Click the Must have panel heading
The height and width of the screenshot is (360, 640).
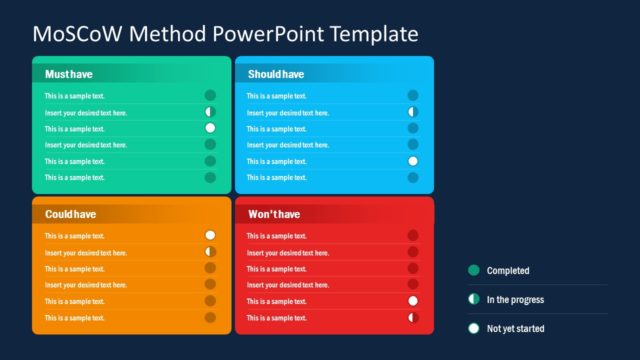click(68, 74)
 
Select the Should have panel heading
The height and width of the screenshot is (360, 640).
click(276, 74)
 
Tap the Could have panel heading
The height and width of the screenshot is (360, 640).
click(70, 214)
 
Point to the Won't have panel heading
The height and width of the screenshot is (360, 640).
click(274, 214)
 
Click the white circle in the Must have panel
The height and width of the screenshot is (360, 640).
click(210, 128)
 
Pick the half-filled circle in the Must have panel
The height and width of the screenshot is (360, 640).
click(210, 112)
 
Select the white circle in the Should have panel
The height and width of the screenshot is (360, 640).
click(413, 161)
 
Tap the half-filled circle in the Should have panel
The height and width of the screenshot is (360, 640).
click(413, 112)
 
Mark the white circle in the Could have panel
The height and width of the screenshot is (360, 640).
click(210, 236)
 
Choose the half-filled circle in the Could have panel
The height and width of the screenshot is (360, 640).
click(210, 252)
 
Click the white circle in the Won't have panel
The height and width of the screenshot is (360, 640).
click(413, 301)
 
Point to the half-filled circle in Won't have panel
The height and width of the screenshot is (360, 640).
click(413, 317)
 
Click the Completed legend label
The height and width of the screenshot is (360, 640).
click(508, 271)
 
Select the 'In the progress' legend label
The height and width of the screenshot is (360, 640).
click(514, 299)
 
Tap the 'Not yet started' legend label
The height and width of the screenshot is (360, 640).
click(516, 328)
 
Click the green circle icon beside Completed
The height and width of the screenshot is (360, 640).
click(473, 270)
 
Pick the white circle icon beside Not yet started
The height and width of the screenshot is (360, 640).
click(473, 328)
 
